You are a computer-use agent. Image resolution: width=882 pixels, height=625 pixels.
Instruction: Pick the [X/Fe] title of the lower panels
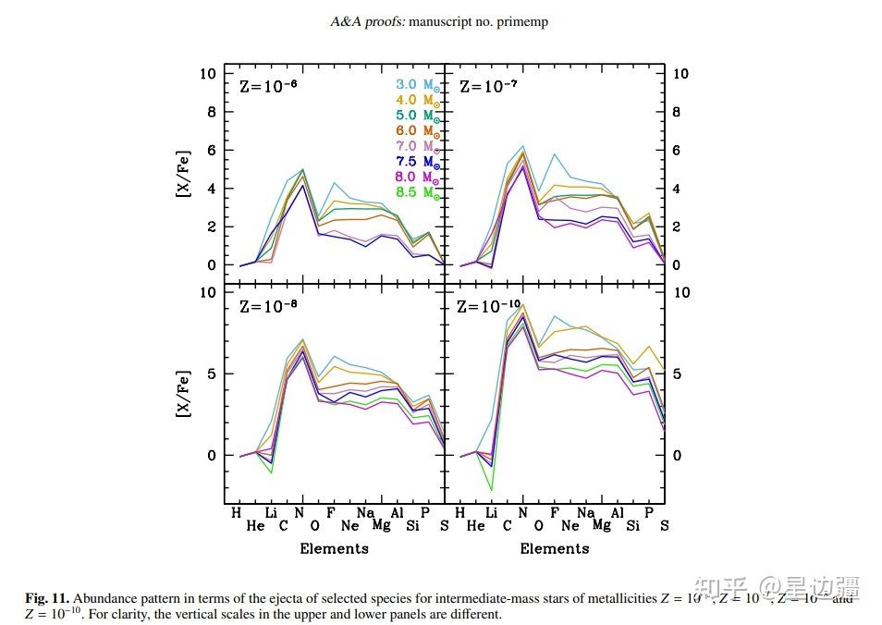184,394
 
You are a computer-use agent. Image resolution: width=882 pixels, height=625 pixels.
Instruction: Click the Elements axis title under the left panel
334,548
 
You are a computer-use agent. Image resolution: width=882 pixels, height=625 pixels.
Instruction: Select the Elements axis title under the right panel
555,548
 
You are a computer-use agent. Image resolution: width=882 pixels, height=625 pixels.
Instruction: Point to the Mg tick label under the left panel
381,526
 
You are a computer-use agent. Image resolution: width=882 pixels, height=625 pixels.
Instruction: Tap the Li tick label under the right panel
491,512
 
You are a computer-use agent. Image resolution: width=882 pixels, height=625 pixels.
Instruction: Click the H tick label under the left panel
236,512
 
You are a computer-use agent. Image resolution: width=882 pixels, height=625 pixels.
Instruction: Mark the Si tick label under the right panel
632,526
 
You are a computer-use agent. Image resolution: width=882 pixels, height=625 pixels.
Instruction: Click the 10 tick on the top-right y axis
680,72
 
